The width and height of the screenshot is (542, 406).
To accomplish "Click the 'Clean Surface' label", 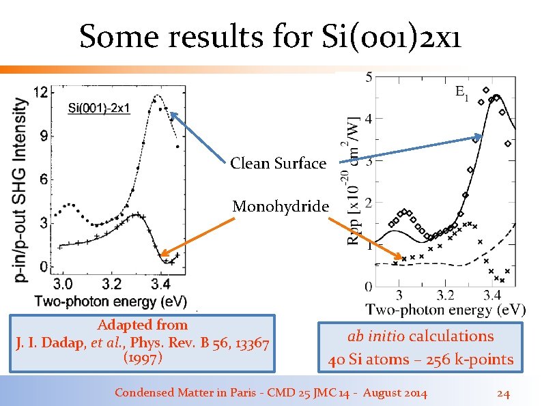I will [x=278, y=164].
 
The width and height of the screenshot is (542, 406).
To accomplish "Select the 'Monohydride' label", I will [x=281, y=206].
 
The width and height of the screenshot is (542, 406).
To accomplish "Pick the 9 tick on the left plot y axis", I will [x=44, y=136].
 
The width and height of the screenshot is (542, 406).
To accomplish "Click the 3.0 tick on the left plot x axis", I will [x=63, y=283].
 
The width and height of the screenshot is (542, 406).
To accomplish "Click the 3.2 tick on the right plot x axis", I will [x=445, y=295].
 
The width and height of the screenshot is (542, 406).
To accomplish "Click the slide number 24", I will [x=503, y=393].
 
